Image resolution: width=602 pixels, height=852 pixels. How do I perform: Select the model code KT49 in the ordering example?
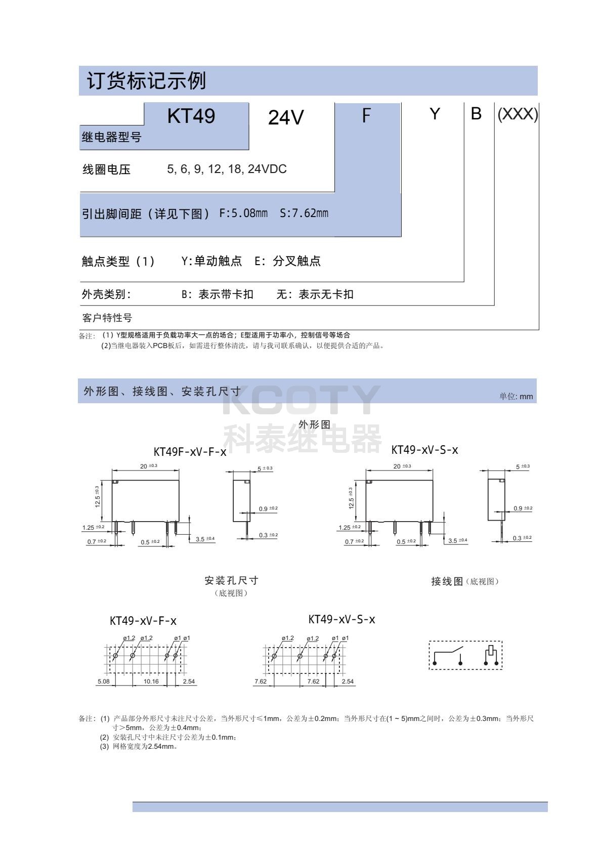point(191,116)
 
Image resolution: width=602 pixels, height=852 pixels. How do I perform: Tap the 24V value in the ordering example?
point(285,118)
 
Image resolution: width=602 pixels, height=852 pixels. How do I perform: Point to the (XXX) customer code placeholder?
point(518,114)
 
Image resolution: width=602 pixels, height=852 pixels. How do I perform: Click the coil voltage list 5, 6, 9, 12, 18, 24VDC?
point(227,169)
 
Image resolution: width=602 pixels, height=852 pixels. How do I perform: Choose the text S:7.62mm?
point(304,214)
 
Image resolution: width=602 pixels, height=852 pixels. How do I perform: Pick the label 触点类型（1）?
point(118,262)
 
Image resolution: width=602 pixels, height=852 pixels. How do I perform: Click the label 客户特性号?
point(107,318)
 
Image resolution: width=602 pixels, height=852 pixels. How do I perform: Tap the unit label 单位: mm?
point(516,396)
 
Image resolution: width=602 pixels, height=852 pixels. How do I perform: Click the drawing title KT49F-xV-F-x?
point(190,452)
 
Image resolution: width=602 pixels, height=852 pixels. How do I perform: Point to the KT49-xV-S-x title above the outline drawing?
point(424,450)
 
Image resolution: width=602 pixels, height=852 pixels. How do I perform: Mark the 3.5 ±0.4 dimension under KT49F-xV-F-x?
point(205,539)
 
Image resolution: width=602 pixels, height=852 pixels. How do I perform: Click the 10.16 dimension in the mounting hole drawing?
point(151,681)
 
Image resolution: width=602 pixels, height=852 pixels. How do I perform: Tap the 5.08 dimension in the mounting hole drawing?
point(103,681)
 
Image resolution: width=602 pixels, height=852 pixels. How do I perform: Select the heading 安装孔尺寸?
point(231,580)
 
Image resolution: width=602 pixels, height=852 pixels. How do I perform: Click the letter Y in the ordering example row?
point(434,114)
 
